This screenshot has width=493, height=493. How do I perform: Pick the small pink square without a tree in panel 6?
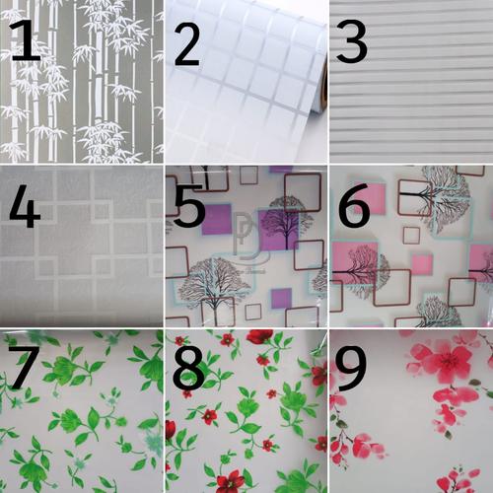[x=421, y=264]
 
